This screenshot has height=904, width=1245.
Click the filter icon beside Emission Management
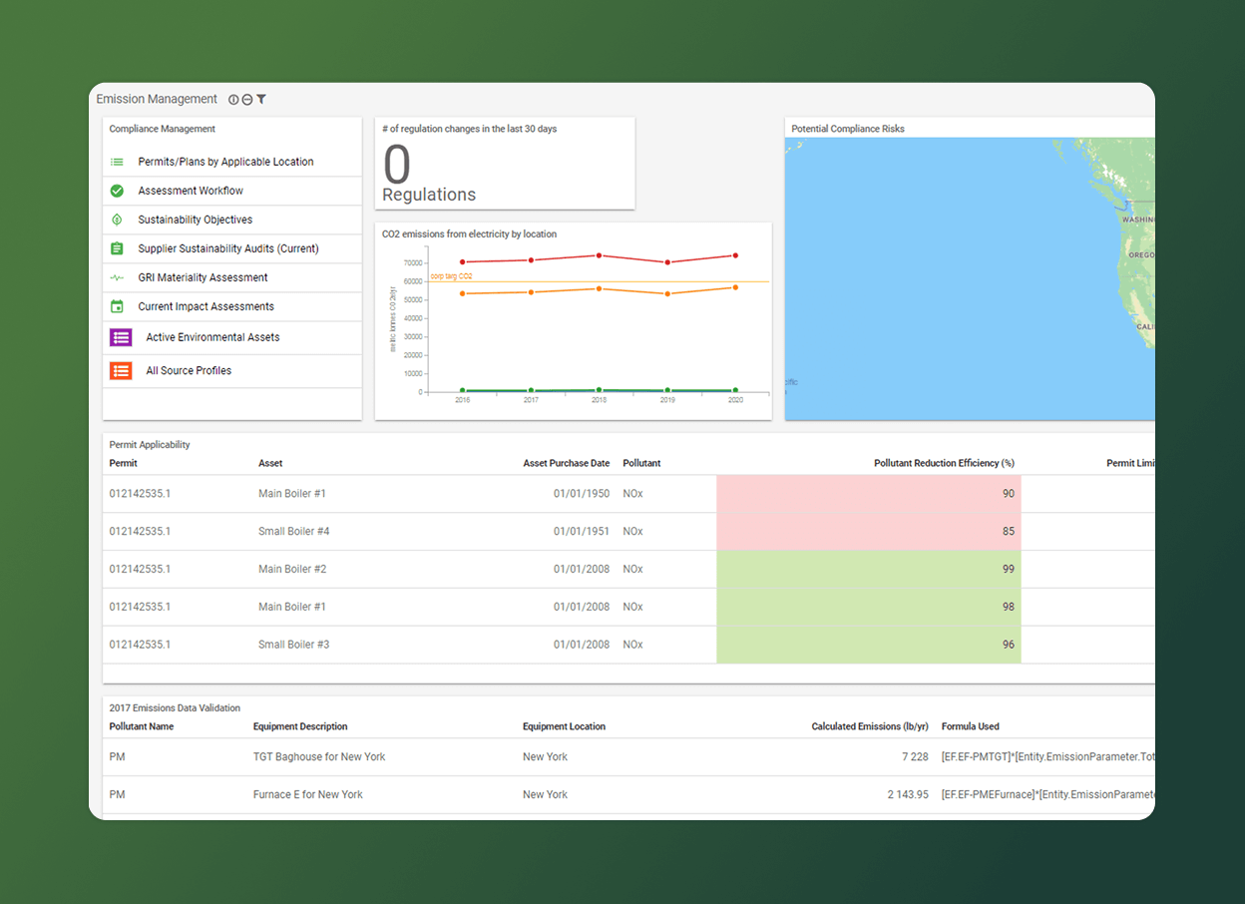point(261,100)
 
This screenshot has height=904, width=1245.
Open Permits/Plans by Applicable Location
point(225,162)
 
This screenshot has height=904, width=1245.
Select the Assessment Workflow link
point(191,191)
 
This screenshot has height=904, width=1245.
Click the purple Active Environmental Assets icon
point(121,337)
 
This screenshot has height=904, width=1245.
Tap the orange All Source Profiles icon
point(121,370)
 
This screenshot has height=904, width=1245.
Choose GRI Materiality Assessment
point(203,277)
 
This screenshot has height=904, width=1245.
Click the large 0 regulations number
point(397,165)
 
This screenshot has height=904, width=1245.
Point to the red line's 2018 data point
point(599,255)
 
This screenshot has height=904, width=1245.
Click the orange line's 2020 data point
point(735,287)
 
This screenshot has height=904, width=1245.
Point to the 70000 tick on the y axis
point(411,262)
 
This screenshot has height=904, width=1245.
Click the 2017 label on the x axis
point(531,400)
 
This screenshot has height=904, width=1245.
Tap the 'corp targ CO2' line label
point(451,275)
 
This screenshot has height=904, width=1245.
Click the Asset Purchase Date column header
point(566,463)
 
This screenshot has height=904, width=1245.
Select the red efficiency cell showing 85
point(868,532)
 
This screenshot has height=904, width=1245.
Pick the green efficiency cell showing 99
point(868,570)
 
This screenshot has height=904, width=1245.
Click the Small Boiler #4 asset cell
point(293,532)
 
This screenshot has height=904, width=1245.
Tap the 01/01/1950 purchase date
point(581,494)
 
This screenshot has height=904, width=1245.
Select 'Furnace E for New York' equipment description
point(307,795)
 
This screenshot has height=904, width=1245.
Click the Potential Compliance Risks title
point(848,129)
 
